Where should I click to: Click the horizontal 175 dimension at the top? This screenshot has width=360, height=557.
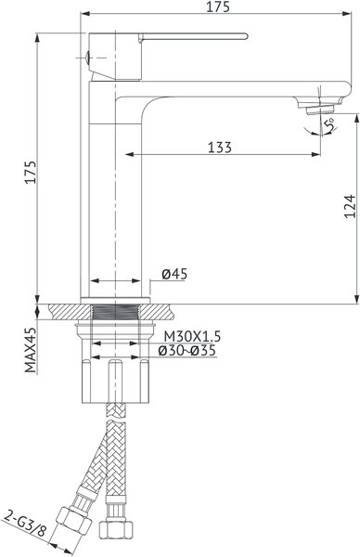[x=218, y=6]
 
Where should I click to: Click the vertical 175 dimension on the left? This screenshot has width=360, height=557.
[x=31, y=173]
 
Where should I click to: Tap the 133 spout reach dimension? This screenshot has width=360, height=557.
[x=219, y=147]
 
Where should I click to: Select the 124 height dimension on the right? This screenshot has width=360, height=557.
[x=350, y=206]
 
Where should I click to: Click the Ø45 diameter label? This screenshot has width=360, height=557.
[x=174, y=274]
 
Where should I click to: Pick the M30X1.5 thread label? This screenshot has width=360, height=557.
[x=192, y=336]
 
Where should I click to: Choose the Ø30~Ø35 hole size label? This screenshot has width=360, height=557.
[x=187, y=351]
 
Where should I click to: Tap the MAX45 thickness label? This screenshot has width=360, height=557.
[x=31, y=350]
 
